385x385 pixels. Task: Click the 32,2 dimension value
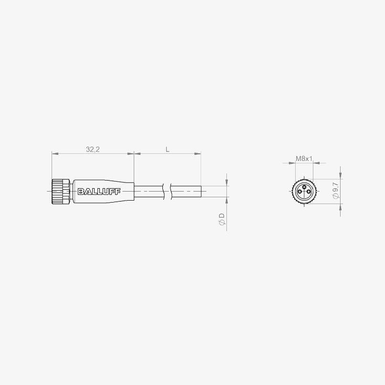pyautogui.click(x=93, y=150)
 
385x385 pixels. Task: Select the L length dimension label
pyautogui.click(x=168, y=150)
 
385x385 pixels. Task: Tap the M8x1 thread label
pyautogui.click(x=304, y=159)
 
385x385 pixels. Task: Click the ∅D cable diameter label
pyautogui.click(x=222, y=219)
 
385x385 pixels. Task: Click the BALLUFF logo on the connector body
pyautogui.click(x=99, y=192)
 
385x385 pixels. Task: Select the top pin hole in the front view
pyautogui.click(x=304, y=187)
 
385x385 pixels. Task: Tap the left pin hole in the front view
pyautogui.click(x=300, y=191)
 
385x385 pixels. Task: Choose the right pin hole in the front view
pyautogui.click(x=309, y=191)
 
